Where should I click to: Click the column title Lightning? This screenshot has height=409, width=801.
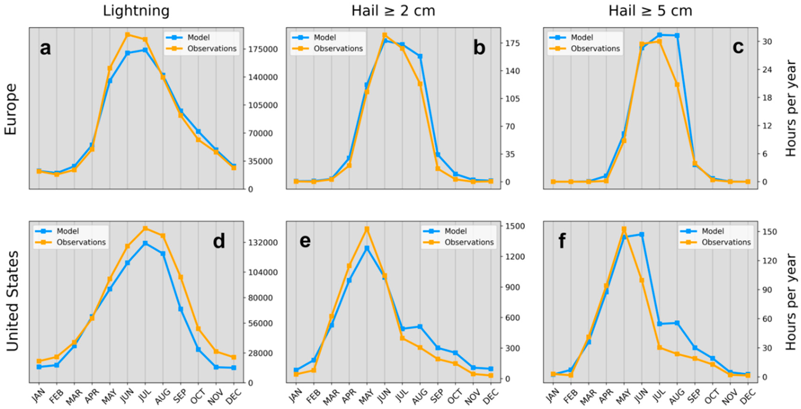136,11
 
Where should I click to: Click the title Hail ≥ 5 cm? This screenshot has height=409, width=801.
650,11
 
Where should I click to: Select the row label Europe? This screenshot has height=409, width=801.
11,109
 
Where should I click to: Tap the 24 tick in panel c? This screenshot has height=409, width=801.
769,70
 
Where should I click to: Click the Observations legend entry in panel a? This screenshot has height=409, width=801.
212,49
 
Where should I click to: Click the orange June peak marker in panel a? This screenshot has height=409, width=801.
127,35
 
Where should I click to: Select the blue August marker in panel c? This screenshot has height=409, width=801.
677,35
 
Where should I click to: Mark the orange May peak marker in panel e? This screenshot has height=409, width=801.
367,229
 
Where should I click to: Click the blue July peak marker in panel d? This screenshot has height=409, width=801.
145,243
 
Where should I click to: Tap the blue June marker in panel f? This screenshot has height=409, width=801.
642,234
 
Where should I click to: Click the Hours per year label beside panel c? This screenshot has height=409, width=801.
790,109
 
